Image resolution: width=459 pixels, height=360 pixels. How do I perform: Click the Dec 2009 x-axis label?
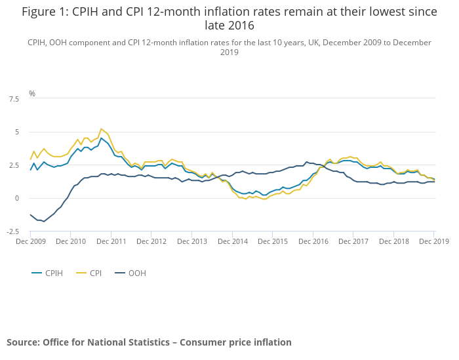(30, 241)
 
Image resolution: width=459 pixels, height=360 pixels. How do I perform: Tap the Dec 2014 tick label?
(233, 241)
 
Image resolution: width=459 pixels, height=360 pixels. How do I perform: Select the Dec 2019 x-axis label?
(434, 241)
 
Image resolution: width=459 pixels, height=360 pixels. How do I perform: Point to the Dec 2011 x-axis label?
(111, 241)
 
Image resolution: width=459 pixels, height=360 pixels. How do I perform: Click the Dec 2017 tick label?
(354, 241)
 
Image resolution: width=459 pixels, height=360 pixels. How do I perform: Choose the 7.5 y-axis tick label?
(14, 99)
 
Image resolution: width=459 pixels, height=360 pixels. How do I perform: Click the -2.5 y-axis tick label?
(12, 231)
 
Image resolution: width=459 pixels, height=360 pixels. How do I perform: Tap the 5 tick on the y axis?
(16, 132)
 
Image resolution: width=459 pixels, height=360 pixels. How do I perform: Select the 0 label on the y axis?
(16, 198)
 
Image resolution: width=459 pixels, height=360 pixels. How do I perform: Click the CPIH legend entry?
(54, 273)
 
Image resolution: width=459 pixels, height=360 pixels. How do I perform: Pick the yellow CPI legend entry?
(96, 273)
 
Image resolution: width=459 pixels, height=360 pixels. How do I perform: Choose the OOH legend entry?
(136, 273)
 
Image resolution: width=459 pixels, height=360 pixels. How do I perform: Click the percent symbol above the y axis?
(31, 94)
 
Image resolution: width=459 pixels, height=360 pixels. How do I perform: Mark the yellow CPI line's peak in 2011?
(101, 129)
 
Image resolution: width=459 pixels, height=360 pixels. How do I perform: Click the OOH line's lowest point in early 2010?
(44, 222)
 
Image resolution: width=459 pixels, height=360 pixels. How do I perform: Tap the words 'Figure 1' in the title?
(47, 11)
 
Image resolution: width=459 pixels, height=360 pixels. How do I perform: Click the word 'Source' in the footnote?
(22, 342)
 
